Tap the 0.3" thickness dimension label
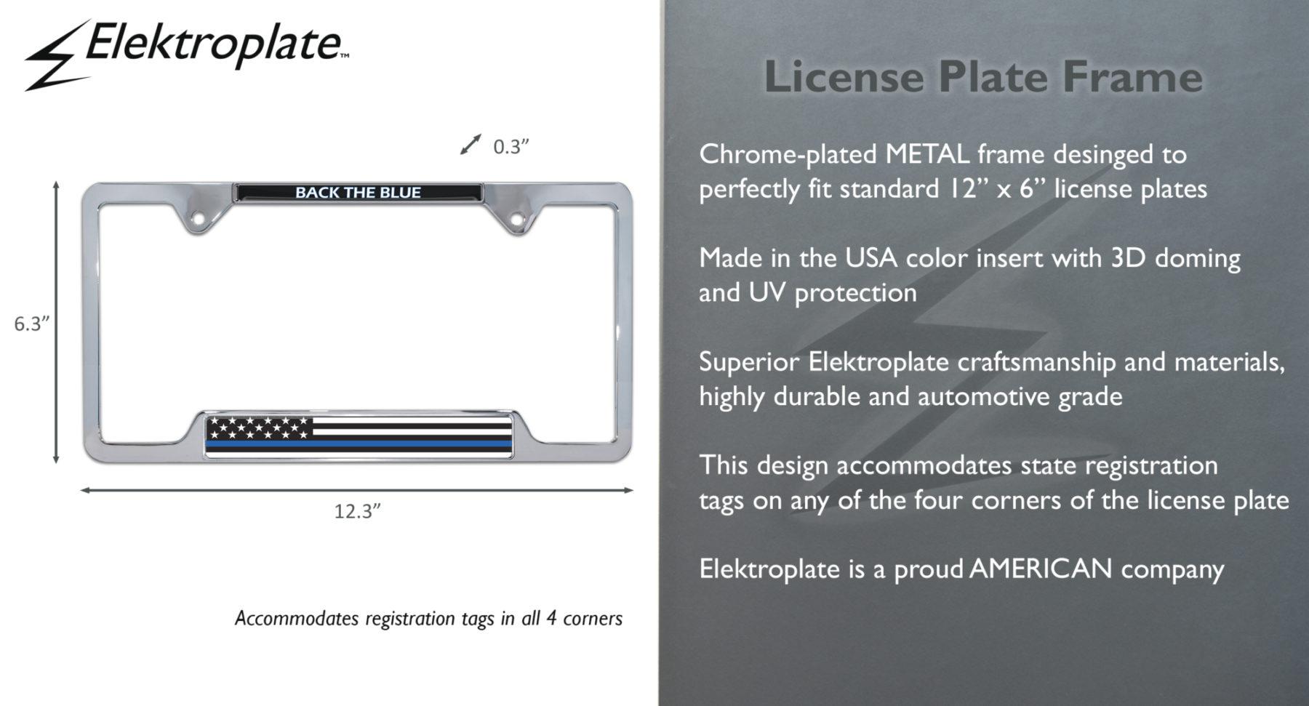click(x=511, y=147)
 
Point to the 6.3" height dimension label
click(x=31, y=324)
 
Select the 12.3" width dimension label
click(x=357, y=511)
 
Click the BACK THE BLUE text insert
click(x=358, y=193)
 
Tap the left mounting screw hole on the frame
click(x=197, y=218)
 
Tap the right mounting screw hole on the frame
click(x=516, y=218)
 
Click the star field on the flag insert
click(x=259, y=428)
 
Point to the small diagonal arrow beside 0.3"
click(x=471, y=144)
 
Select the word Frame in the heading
click(x=1133, y=76)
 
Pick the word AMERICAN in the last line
click(x=1041, y=569)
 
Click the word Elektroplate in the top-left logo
click(x=213, y=44)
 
